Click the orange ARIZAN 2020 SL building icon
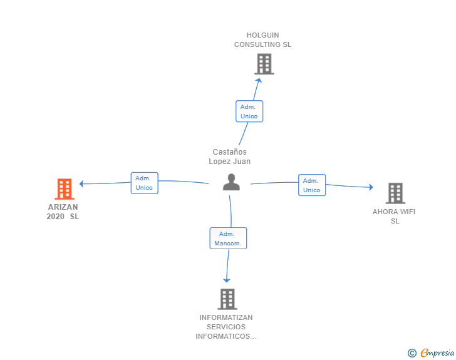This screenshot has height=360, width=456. (65, 188)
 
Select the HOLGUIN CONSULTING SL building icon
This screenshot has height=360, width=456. (264, 64)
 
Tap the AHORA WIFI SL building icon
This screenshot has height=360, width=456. (395, 193)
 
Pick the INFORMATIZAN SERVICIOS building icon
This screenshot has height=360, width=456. (227, 299)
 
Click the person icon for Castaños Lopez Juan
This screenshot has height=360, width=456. (232, 182)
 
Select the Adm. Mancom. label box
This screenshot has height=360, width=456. (228, 238)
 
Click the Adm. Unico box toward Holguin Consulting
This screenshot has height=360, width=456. (249, 111)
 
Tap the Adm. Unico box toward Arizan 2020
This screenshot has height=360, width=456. (144, 183)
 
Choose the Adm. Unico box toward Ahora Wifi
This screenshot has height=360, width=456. (312, 185)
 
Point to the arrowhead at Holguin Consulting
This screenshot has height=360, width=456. (258, 80)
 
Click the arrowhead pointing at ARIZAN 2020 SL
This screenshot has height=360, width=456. (81, 184)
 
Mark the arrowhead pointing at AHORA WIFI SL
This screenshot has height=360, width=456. (371, 187)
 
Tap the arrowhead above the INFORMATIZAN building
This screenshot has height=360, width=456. (227, 280)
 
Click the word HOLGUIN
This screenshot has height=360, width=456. (262, 35)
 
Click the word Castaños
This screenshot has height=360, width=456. (229, 152)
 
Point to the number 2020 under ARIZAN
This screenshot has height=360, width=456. (55, 217)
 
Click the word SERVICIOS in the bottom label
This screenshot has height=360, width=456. (226, 327)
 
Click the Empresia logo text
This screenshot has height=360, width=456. (437, 352)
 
